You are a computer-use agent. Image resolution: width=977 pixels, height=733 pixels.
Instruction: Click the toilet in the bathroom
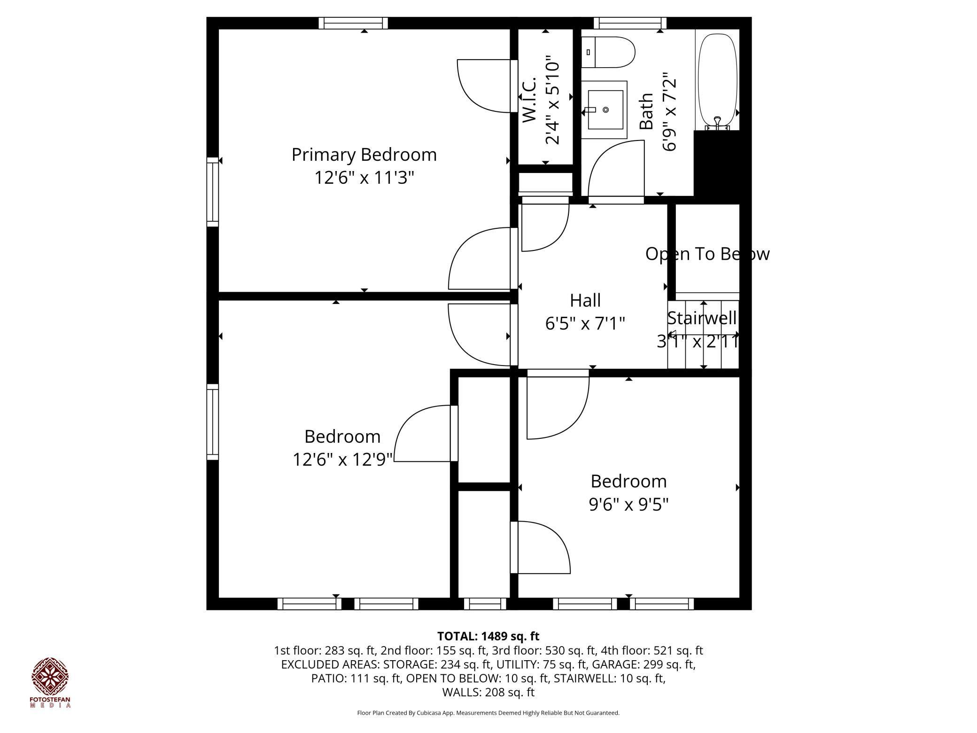pyautogui.click(x=608, y=52)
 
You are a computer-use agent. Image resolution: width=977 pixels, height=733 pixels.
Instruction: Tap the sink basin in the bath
pyautogui.click(x=605, y=110)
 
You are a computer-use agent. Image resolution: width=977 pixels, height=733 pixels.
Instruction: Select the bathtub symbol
pyautogui.click(x=717, y=80)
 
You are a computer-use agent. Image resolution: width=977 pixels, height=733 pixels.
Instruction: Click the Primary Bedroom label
pyautogui.click(x=364, y=155)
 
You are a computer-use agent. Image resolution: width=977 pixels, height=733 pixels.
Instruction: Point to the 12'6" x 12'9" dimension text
pyautogui.click(x=342, y=459)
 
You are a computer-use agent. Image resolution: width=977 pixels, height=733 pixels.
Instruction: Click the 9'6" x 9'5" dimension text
pyautogui.click(x=628, y=504)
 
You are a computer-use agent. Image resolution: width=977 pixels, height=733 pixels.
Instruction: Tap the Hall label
pyautogui.click(x=585, y=300)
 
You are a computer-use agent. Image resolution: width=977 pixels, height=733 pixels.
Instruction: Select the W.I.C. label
pyautogui.click(x=529, y=100)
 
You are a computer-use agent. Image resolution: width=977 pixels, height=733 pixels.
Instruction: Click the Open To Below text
pyautogui.click(x=707, y=254)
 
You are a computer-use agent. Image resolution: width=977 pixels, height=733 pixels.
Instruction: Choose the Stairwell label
pyautogui.click(x=702, y=318)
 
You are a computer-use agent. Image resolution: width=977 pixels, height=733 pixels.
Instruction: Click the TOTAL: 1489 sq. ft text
pyautogui.click(x=488, y=636)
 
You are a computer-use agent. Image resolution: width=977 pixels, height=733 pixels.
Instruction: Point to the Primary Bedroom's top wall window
pyautogui.click(x=353, y=23)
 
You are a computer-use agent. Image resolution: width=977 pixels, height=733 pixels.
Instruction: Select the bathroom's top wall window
pyautogui.click(x=630, y=23)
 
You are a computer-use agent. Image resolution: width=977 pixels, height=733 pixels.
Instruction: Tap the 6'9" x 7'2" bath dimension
pyautogui.click(x=669, y=111)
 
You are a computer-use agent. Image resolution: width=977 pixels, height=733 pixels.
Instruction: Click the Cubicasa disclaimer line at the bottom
pyautogui.click(x=488, y=713)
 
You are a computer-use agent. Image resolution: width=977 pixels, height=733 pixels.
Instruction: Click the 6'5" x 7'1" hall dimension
pyautogui.click(x=585, y=323)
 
